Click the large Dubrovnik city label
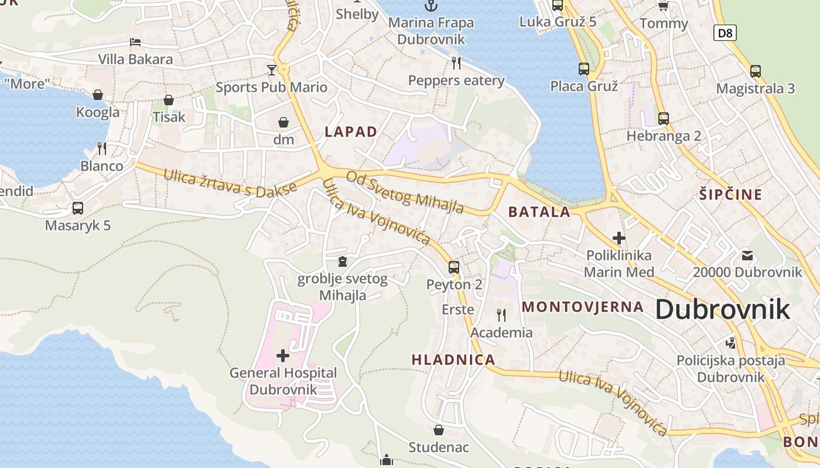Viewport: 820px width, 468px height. click(x=722, y=309)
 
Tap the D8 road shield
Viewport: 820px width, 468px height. click(x=725, y=33)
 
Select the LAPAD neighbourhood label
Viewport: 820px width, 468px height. click(x=351, y=132)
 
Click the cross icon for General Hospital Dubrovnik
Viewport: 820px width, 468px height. click(x=283, y=355)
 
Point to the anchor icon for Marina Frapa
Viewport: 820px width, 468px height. click(x=430, y=6)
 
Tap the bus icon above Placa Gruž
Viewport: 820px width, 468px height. click(x=583, y=69)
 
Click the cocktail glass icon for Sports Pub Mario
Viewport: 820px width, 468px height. click(x=271, y=70)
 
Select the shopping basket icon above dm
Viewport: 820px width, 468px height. click(x=283, y=122)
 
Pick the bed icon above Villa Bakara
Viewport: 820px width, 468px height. click(x=135, y=42)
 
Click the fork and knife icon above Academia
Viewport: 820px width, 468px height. click(x=501, y=315)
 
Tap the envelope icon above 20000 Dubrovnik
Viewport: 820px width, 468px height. click(x=747, y=255)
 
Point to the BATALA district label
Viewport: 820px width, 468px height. click(x=539, y=212)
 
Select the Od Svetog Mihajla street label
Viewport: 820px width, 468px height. click(x=405, y=192)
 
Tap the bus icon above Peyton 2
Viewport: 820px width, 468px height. click(x=454, y=267)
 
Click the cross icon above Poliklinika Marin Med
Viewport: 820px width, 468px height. click(x=619, y=238)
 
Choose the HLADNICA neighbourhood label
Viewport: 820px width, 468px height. click(x=453, y=360)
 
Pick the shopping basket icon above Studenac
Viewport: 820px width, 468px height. click(x=439, y=431)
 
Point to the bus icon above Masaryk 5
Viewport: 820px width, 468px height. click(x=77, y=208)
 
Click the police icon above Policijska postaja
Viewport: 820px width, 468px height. click(x=730, y=343)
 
